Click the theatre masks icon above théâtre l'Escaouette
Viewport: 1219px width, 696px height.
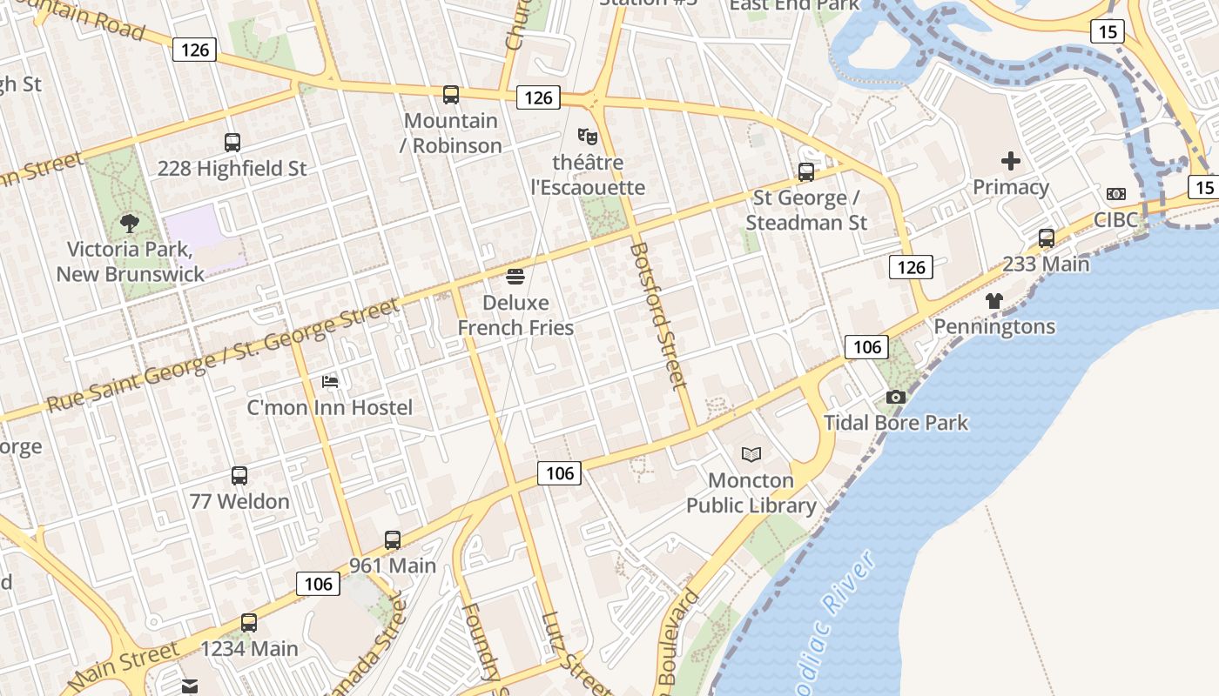point(588,136)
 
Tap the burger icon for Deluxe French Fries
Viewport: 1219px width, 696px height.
point(515,278)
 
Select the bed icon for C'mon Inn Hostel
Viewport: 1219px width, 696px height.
point(330,381)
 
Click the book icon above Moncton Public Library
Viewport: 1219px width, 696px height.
point(751,454)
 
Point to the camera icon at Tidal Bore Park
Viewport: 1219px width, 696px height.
point(895,398)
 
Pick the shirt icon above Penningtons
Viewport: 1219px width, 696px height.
point(994,301)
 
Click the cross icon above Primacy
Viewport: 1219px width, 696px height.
point(1011,161)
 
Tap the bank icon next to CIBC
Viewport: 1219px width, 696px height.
point(1116,194)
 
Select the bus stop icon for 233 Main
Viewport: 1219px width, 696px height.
point(1047,238)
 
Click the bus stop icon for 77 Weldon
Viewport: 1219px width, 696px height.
point(239,476)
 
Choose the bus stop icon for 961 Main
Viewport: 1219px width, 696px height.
point(393,540)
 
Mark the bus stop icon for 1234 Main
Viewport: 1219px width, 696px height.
point(249,623)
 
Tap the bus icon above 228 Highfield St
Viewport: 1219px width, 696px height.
point(232,143)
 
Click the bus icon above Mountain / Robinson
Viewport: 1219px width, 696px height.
point(451,95)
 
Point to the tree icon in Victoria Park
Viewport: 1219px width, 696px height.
point(130,224)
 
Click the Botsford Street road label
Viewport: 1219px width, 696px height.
point(658,315)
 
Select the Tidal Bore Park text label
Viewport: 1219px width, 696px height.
point(896,423)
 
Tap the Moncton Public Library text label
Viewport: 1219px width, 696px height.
point(751,492)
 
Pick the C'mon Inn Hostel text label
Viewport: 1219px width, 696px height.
point(330,407)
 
